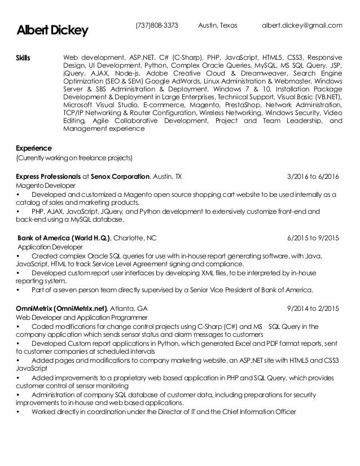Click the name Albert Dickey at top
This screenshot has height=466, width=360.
(52, 29)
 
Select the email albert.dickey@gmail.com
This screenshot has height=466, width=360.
(303, 25)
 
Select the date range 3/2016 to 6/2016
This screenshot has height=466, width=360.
(313, 176)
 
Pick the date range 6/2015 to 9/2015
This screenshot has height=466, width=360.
(313, 238)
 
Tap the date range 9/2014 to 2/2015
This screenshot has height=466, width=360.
(313, 309)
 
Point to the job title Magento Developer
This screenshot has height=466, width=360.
(43, 185)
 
